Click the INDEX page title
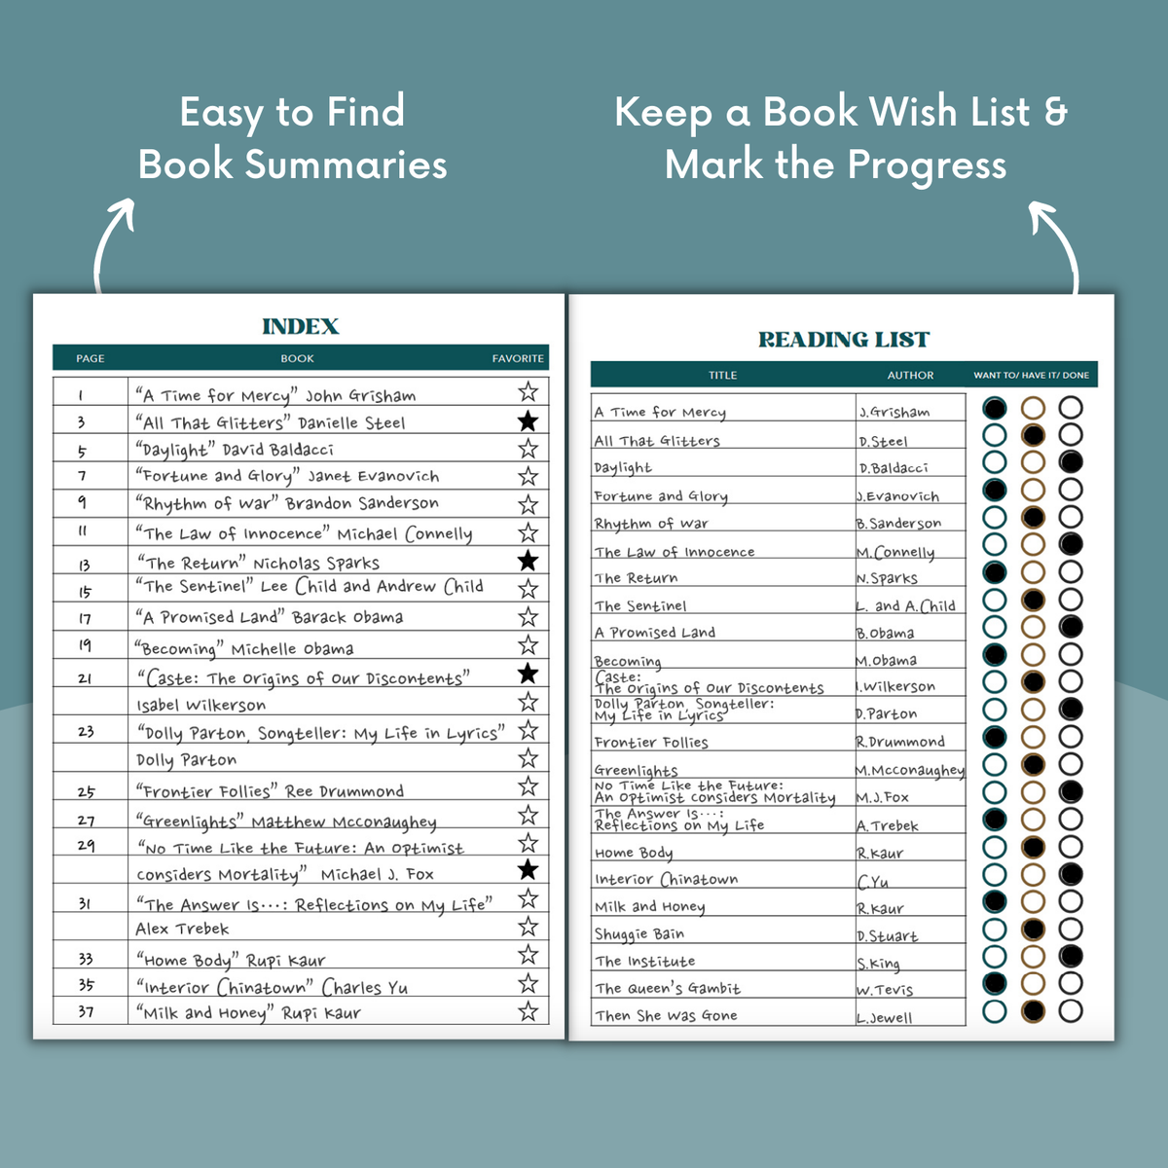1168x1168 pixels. tap(300, 327)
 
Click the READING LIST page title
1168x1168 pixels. tap(844, 340)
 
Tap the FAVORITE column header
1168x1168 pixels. tap(518, 358)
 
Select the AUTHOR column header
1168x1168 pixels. tap(910, 375)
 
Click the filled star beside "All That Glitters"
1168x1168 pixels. tap(528, 420)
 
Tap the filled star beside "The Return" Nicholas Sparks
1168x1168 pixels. tap(528, 561)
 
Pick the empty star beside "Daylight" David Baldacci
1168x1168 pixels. tap(528, 449)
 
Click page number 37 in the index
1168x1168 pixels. tap(86, 1011)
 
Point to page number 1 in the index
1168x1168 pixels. tap(81, 395)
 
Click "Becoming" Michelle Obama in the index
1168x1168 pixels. tap(243, 648)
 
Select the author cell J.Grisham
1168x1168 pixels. tap(894, 412)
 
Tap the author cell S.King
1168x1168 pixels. tap(878, 963)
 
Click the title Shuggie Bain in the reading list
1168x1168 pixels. tap(639, 934)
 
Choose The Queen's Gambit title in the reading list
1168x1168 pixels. tap(668, 988)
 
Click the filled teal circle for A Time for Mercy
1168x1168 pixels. tap(994, 407)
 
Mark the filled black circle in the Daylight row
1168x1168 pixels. tap(1071, 461)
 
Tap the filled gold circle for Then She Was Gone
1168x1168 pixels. tap(1033, 1011)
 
